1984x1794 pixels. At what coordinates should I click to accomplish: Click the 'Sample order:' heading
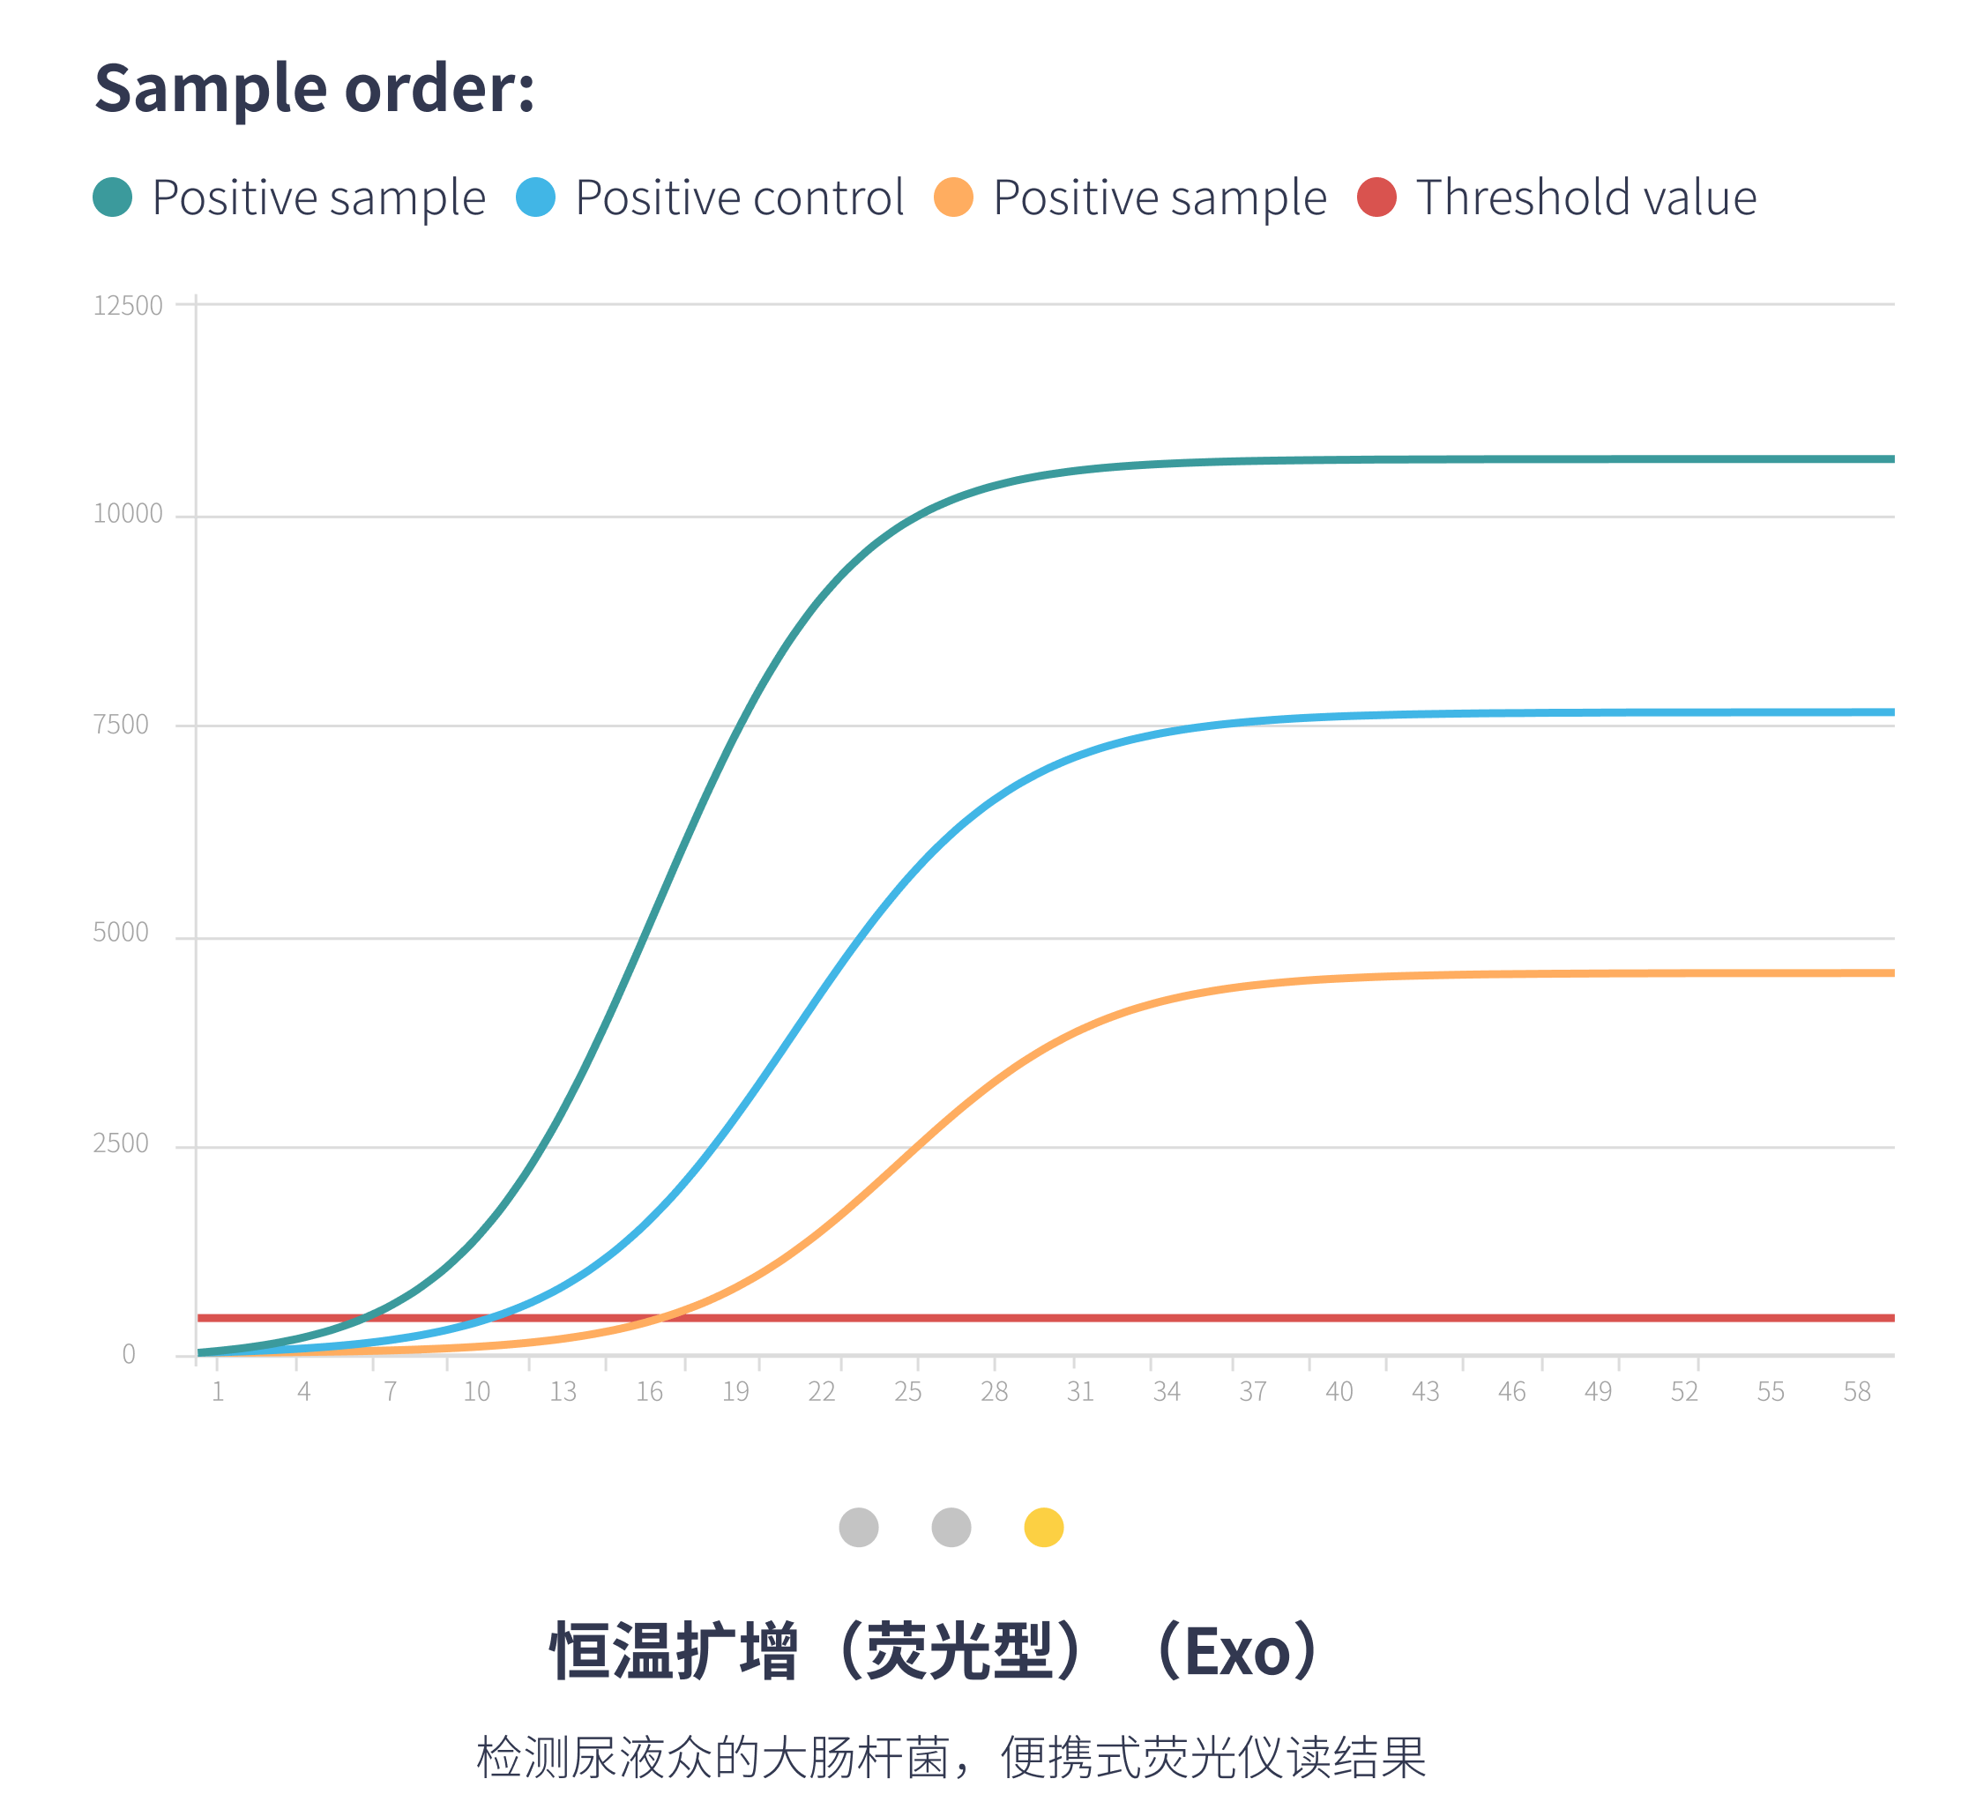click(314, 88)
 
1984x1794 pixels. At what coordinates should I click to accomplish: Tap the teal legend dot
click(112, 197)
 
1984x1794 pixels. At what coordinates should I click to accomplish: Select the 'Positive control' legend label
click(739, 197)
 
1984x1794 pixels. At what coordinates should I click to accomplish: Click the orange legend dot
click(952, 197)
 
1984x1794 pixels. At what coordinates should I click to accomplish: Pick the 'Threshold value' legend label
click(1585, 197)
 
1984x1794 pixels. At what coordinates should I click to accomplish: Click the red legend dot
click(1376, 197)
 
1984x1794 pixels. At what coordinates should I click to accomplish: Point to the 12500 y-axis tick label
click(127, 305)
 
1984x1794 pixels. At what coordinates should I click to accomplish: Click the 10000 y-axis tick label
click(127, 514)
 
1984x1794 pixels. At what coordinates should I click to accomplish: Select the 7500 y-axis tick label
click(120, 726)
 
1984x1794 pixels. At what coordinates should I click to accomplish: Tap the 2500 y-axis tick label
click(120, 1143)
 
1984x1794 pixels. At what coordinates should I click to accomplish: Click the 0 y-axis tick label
click(128, 1355)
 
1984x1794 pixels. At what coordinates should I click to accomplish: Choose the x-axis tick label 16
click(648, 1391)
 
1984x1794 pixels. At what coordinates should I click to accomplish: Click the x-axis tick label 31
click(1079, 1391)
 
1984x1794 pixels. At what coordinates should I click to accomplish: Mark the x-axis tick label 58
click(1856, 1391)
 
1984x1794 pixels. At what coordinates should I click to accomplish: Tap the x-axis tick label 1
click(218, 1391)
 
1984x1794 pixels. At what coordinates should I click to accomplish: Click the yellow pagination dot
click(1043, 1527)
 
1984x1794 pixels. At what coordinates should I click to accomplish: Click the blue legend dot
click(535, 197)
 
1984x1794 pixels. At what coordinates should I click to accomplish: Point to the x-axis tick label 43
click(1425, 1391)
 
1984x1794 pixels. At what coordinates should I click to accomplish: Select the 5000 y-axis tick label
click(120, 933)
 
